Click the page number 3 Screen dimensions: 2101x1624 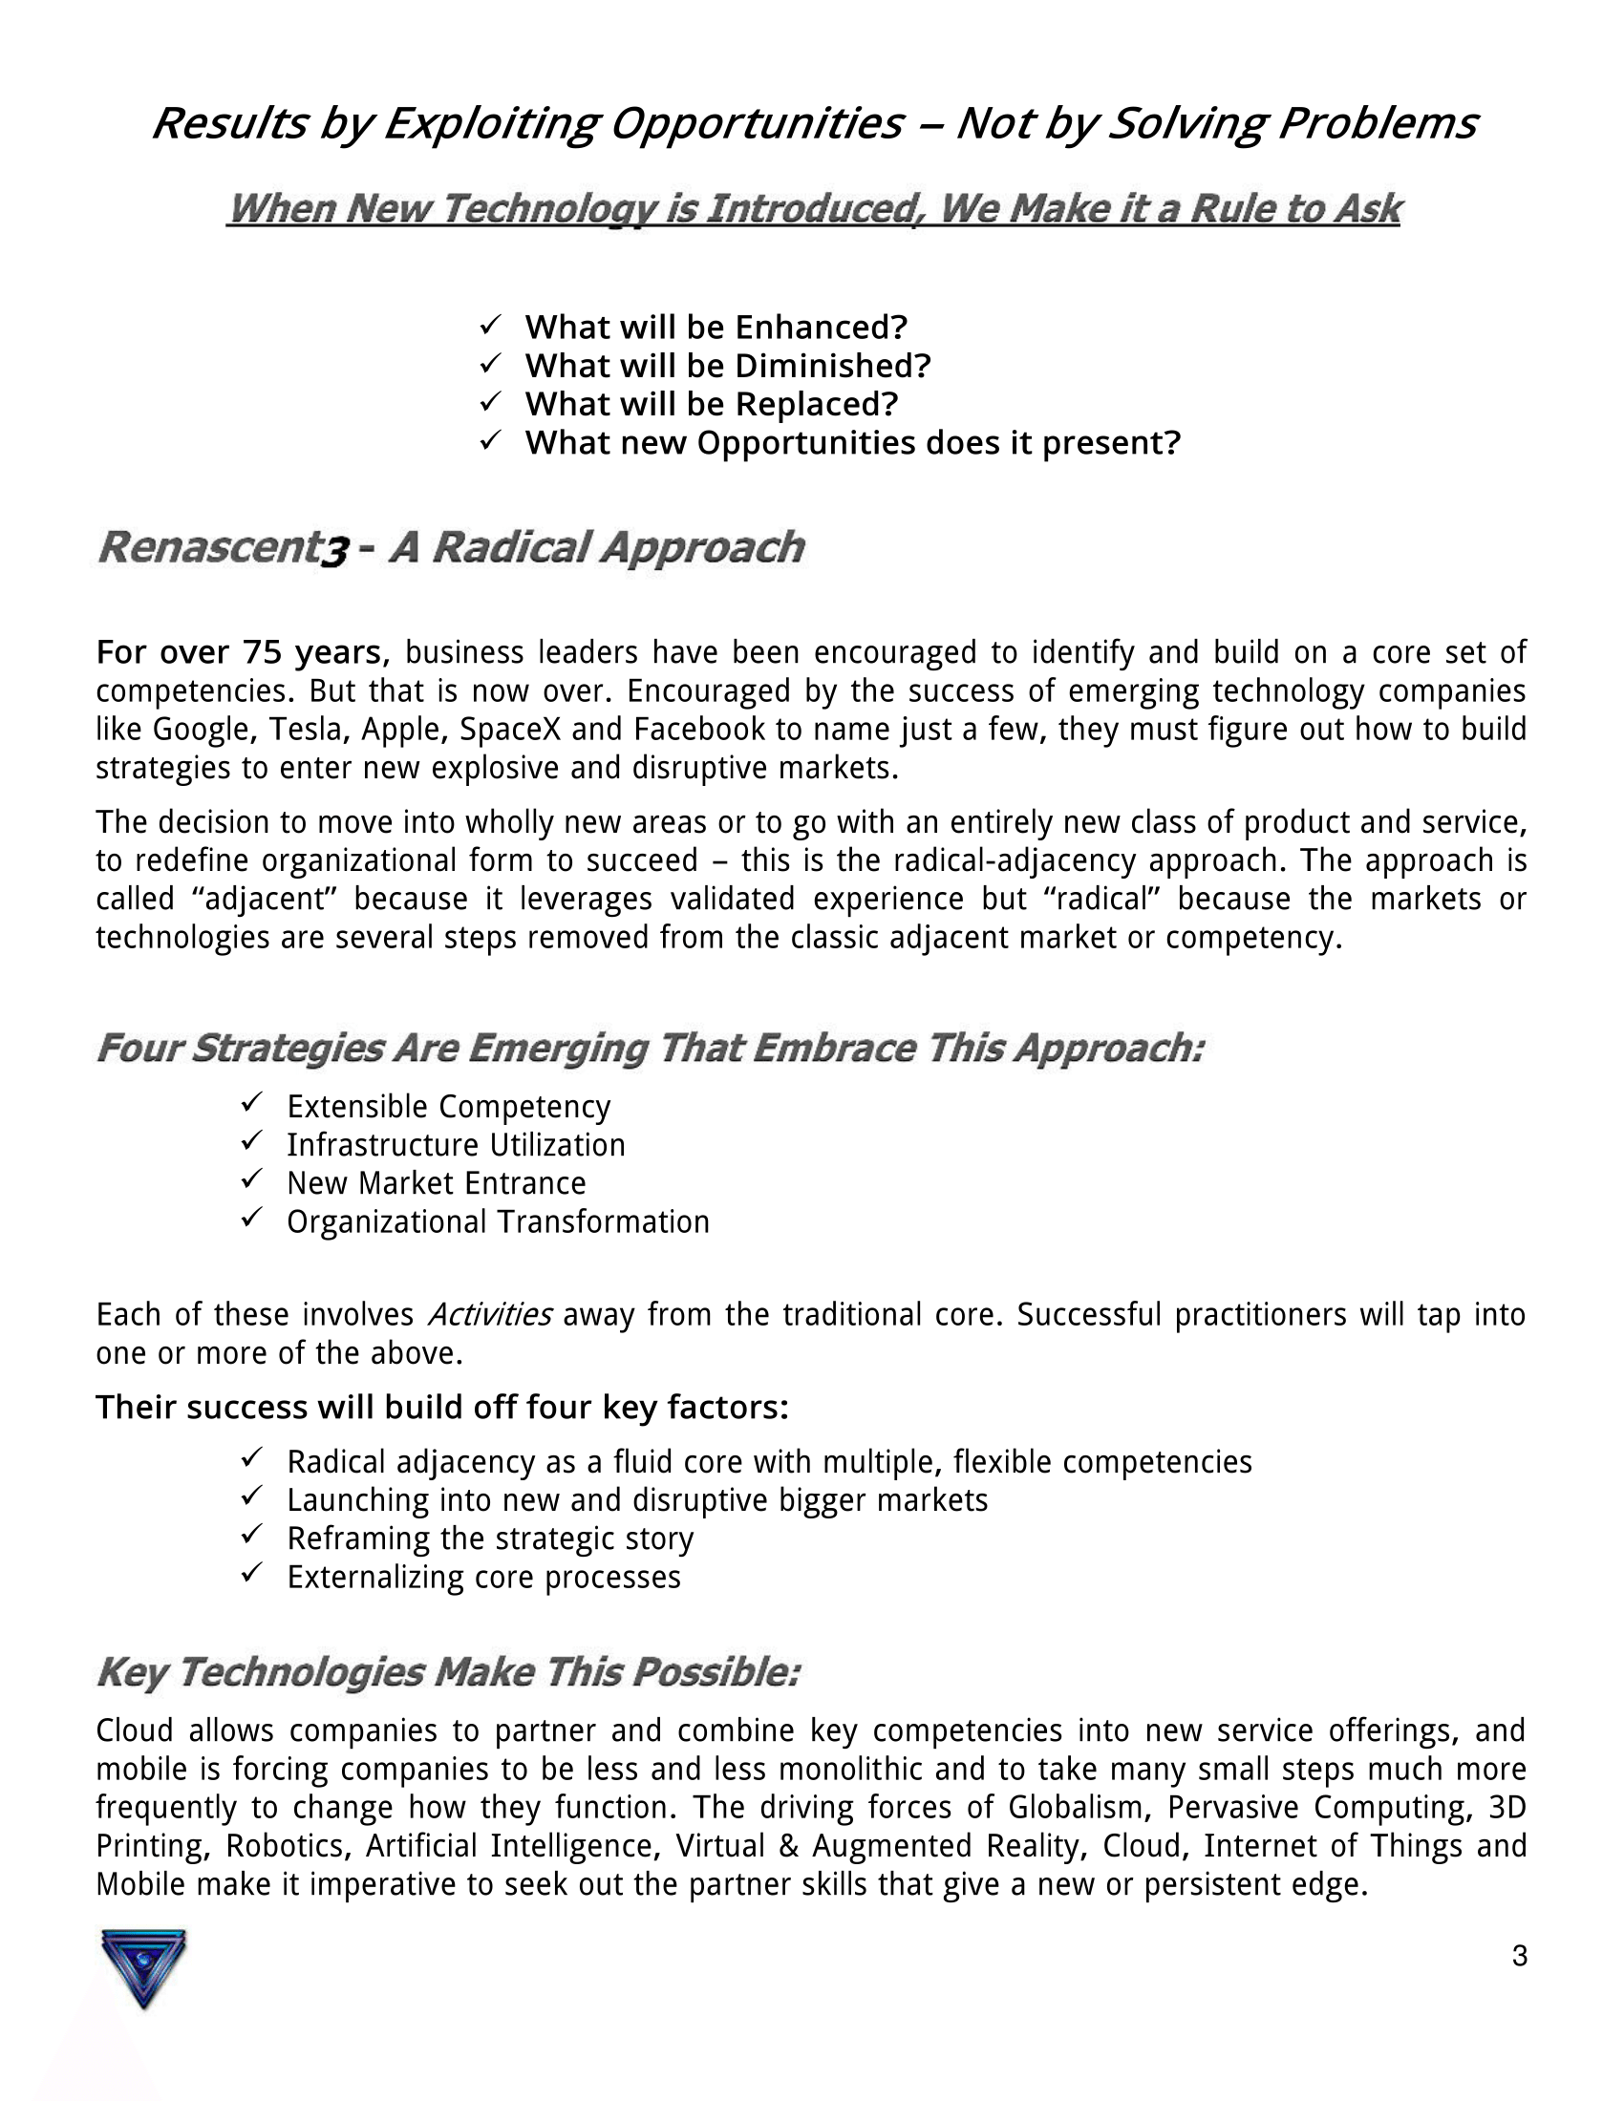tap(1519, 1956)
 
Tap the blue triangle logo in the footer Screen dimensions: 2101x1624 tap(143, 1968)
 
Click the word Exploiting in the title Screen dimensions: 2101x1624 tap(492, 124)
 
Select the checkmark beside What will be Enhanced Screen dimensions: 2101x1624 tap(490, 326)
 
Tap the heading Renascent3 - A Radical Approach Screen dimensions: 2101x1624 tap(450, 548)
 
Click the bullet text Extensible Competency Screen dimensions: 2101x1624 tap(448, 1107)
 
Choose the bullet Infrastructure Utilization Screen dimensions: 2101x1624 tap(456, 1146)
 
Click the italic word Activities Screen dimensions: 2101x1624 tap(489, 1315)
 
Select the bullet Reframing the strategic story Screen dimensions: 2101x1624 tap(490, 1539)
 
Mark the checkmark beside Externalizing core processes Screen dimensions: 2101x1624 tap(251, 1573)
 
